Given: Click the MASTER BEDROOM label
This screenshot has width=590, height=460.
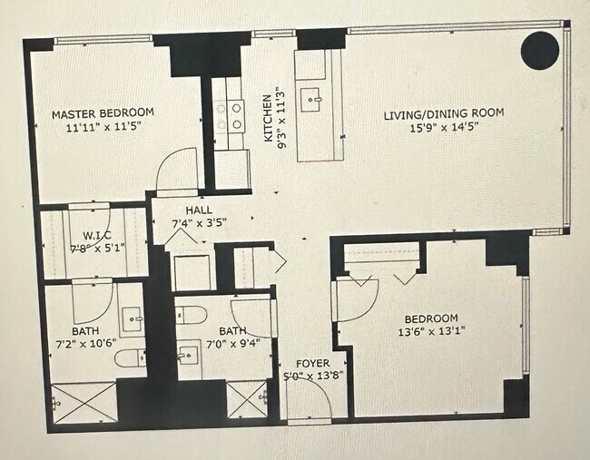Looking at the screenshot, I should [103, 113].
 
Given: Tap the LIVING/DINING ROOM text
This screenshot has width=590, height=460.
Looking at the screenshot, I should [443, 113].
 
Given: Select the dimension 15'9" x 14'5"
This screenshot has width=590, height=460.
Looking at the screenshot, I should [443, 127].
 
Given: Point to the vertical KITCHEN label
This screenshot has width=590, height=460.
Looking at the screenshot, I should [268, 118].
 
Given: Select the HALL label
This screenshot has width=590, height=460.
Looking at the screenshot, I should [198, 210].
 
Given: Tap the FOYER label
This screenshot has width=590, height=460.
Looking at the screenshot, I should [306, 364].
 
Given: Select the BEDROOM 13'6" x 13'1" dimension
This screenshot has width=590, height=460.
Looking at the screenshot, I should [431, 331].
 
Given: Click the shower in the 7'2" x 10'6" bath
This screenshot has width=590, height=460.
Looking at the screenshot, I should [82, 401].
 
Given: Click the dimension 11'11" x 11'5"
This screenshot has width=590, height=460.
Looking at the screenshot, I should [103, 127].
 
